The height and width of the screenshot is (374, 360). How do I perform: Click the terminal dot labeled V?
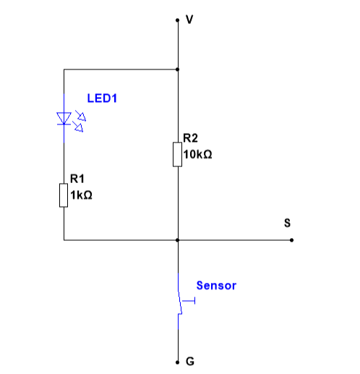point(177,20)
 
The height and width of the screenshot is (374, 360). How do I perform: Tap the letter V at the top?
point(189,20)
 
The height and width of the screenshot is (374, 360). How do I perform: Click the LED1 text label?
point(102,98)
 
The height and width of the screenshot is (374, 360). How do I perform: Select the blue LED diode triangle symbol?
point(64,119)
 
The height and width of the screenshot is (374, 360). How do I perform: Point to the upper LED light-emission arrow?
point(81,116)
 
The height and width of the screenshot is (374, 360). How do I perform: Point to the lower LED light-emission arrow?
point(78,127)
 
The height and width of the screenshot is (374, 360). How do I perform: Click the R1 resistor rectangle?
point(64,195)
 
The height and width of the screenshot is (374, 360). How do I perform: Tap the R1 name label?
point(77,179)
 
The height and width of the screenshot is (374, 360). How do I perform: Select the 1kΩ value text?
point(81,195)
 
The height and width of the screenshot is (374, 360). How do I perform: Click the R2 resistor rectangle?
point(177,154)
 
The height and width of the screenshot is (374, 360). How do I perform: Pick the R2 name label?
point(190,138)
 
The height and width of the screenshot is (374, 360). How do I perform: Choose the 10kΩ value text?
point(197,154)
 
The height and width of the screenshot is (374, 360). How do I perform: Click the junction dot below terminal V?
point(177,69)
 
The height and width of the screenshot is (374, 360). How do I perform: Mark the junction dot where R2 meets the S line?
point(177,240)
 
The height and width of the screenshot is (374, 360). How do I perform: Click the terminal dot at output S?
point(291,240)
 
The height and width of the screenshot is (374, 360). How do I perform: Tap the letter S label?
point(287,223)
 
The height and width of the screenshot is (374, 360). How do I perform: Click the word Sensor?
point(216,286)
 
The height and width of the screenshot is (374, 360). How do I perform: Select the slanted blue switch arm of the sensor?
point(180,302)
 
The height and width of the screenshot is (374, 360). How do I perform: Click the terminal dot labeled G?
point(177,362)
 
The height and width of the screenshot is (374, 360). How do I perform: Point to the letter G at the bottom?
point(190,362)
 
